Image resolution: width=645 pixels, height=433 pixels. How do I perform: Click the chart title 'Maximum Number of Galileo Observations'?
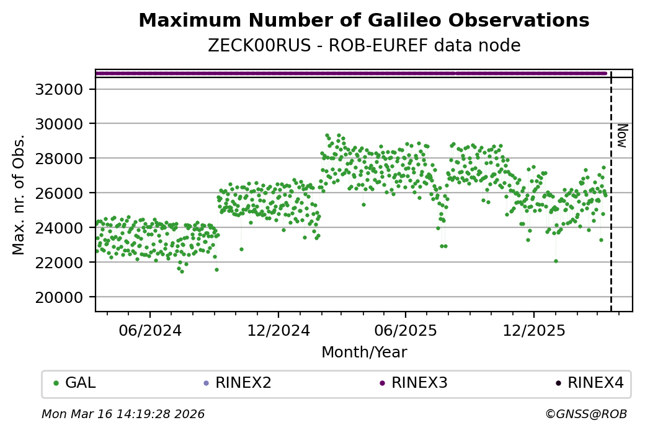tap(363, 20)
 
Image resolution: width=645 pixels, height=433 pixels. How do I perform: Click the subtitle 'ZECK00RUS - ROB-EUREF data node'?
tap(363, 46)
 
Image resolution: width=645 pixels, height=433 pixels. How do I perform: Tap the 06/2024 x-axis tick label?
tap(150, 330)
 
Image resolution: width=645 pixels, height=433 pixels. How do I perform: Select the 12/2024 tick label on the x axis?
tap(278, 330)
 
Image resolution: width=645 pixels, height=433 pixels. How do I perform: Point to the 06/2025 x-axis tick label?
tap(406, 330)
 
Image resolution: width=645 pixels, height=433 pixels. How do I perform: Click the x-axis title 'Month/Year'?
tap(364, 352)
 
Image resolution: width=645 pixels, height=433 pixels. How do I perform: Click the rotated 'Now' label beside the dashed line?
tap(622, 135)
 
